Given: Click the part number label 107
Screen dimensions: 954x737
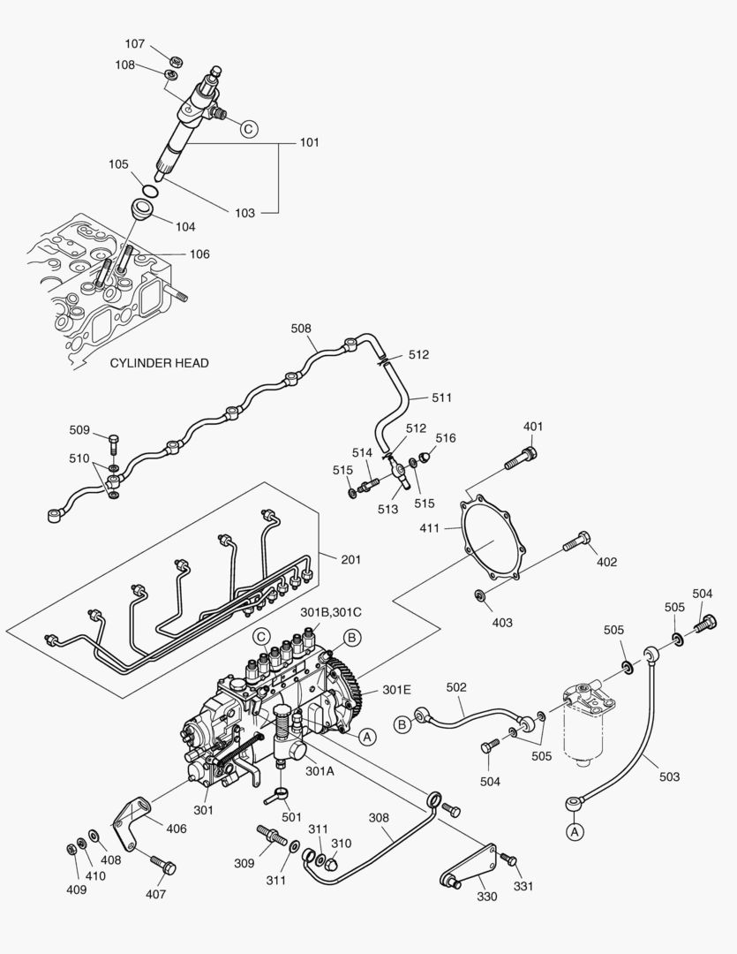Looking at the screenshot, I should pyautogui.click(x=134, y=43).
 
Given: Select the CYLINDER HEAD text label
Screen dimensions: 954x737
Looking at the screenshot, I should pyautogui.click(x=159, y=363).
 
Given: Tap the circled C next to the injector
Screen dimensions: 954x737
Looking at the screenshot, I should pyautogui.click(x=248, y=129).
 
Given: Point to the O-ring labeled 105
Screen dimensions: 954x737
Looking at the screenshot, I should pyautogui.click(x=152, y=190).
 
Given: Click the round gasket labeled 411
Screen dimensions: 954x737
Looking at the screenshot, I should pyautogui.click(x=494, y=539).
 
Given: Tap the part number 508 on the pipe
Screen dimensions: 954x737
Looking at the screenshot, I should pyautogui.click(x=301, y=329).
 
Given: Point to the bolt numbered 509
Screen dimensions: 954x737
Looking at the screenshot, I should pyautogui.click(x=114, y=441).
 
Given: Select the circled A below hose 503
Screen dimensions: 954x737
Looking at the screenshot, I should pyautogui.click(x=575, y=831).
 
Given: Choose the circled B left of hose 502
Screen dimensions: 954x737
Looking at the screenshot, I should pyautogui.click(x=402, y=725).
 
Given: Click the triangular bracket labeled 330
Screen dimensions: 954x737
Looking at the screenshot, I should pyautogui.click(x=468, y=865).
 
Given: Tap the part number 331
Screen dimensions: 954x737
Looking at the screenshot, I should pyautogui.click(x=523, y=886).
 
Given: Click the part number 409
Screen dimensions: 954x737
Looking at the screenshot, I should pyautogui.click(x=77, y=890).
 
